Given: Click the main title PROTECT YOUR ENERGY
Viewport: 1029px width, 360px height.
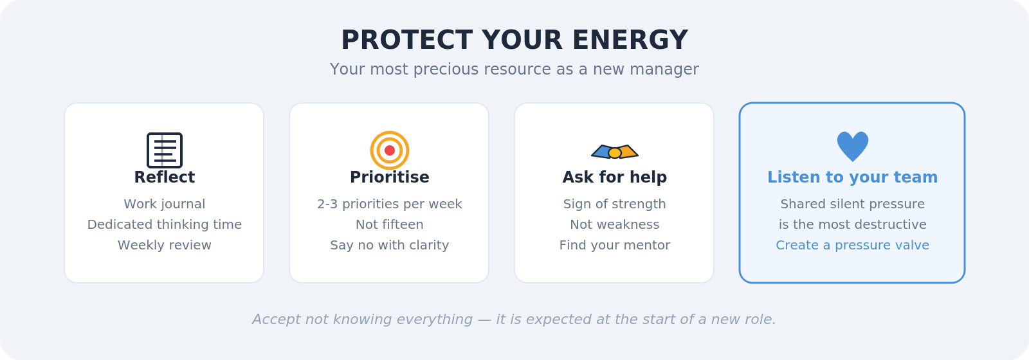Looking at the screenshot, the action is tap(514, 40).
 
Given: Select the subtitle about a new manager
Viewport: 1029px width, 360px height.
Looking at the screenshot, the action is tap(514, 69).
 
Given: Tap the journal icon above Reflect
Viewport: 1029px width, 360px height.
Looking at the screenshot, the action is tap(165, 150).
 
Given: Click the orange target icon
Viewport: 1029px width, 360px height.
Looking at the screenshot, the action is tap(390, 150).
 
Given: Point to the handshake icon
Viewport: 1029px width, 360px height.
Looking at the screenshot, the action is tap(615, 152).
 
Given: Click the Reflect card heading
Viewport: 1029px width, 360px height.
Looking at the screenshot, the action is tap(165, 177).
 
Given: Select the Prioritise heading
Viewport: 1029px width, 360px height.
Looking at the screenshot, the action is tap(390, 177).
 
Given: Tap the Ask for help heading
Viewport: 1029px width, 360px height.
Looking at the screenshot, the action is tap(615, 177).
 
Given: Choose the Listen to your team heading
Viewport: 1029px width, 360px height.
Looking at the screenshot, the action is tap(853, 177).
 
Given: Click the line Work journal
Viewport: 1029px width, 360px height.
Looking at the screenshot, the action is tap(165, 204).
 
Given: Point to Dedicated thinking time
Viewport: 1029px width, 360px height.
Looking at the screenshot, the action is tap(165, 224).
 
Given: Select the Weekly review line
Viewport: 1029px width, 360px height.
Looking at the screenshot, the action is tap(165, 245).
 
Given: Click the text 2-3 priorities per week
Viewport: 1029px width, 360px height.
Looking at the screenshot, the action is tap(390, 204).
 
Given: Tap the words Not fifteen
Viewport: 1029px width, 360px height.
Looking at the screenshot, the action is tap(390, 224).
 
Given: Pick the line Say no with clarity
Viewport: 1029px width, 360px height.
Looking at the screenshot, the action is tap(390, 245).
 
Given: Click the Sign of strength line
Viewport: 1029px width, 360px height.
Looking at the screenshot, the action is tap(615, 204).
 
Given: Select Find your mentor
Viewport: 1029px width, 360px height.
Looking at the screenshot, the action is tap(615, 245).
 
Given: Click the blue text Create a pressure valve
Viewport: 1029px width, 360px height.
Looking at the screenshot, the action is tap(853, 245).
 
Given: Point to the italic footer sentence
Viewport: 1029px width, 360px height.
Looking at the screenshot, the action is tap(514, 319).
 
